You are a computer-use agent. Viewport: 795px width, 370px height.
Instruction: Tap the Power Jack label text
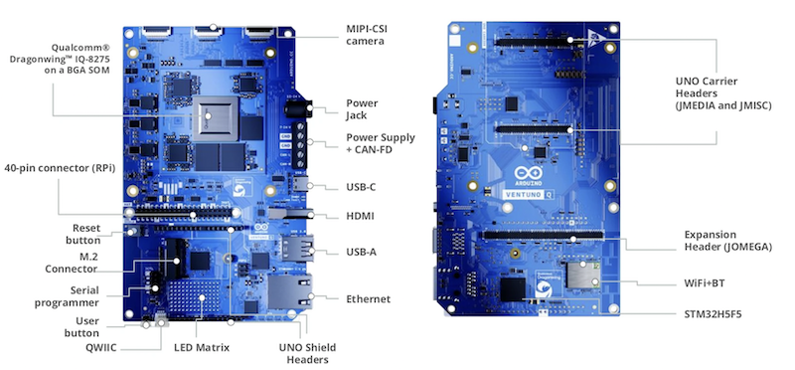[x=362, y=109]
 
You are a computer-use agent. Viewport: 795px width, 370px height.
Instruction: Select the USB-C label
[x=361, y=187]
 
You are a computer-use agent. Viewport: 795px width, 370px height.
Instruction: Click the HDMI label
[x=360, y=216]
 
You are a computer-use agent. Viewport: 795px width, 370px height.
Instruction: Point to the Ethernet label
[x=368, y=299]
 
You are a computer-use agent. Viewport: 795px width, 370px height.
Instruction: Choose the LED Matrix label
[x=202, y=348]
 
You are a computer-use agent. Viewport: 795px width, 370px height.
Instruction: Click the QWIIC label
[x=101, y=348]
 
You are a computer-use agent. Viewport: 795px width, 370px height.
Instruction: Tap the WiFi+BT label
[x=705, y=283]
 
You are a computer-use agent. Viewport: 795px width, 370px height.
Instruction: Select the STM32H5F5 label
[x=713, y=313]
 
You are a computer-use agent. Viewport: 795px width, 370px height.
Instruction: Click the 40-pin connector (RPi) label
[x=60, y=168]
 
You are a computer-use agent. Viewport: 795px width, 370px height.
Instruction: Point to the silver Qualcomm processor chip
[x=215, y=118]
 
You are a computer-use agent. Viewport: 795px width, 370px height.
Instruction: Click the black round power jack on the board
[x=296, y=108]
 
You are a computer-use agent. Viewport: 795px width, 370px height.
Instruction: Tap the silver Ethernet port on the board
[x=289, y=291]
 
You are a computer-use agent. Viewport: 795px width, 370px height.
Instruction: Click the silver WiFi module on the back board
[x=583, y=275]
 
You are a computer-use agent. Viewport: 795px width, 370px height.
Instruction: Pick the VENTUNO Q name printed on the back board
[x=528, y=194]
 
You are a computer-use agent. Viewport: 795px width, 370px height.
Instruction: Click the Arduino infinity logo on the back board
[x=528, y=173]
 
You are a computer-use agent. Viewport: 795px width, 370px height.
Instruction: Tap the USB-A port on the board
[x=296, y=249]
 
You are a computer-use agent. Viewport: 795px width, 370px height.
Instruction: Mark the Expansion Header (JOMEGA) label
[x=728, y=241]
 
